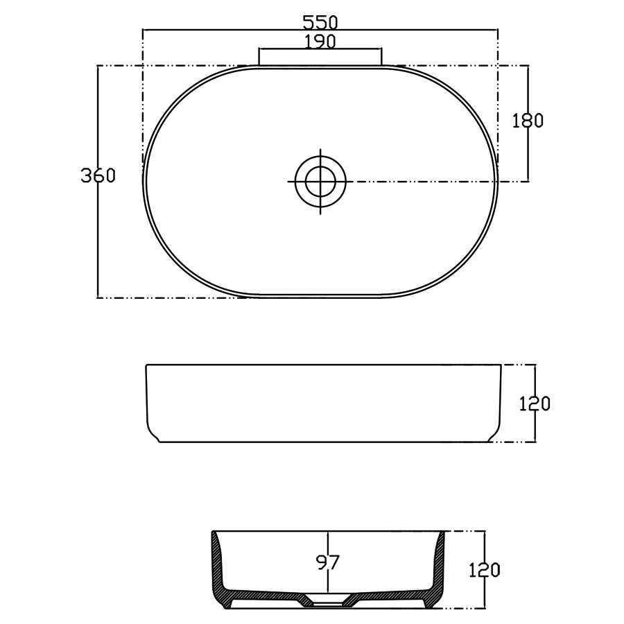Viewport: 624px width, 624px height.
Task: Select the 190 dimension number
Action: [x=320, y=42]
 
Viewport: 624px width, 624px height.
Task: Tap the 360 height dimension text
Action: [x=97, y=175]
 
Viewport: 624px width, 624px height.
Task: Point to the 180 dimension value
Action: [x=528, y=121]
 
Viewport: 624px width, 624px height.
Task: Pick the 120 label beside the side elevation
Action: [x=535, y=404]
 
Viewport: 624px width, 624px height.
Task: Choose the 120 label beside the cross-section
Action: [x=485, y=571]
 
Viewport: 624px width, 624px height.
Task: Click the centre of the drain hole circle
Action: [x=320, y=182]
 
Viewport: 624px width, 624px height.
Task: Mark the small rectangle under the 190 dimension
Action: [x=320, y=57]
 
